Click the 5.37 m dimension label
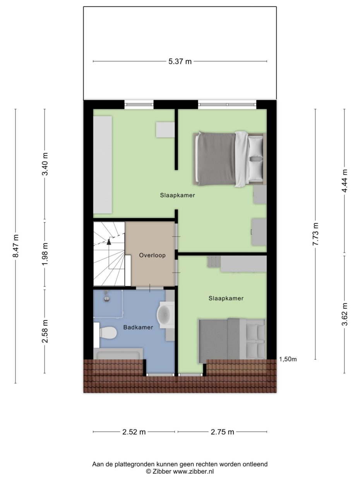click(x=180, y=62)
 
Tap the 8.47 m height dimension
click(x=15, y=246)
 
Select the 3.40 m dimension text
click(x=45, y=164)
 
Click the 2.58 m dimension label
click(x=45, y=331)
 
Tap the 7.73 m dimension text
click(x=315, y=234)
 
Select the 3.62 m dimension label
click(x=345, y=314)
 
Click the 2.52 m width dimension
click(x=134, y=432)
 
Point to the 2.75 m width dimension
click(x=222, y=432)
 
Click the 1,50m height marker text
click(x=288, y=359)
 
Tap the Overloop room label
click(x=152, y=255)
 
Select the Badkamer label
click(x=138, y=327)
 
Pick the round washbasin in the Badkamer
click(x=166, y=315)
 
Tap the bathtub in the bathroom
click(x=118, y=355)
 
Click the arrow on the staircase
click(x=109, y=242)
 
